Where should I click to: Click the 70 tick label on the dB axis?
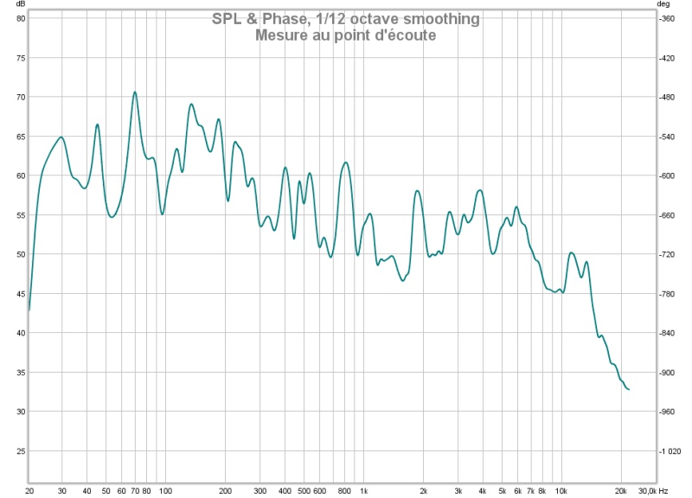[x=21, y=97]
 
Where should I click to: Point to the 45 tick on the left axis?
[x=21, y=294]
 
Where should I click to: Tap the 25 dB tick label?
[x=21, y=451]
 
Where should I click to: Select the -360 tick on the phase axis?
[x=666, y=18]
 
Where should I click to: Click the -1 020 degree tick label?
[x=670, y=451]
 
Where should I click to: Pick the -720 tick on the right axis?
[x=666, y=254]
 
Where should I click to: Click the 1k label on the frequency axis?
[x=363, y=491]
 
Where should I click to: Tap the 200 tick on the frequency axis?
[x=225, y=491]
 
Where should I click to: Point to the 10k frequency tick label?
[x=561, y=491]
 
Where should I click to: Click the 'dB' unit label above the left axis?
[x=21, y=4]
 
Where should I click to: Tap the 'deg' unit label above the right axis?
[x=663, y=4]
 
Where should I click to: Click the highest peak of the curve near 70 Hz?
[x=135, y=93]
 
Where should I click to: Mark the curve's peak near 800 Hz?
[x=345, y=163]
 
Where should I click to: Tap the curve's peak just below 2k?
[x=417, y=190]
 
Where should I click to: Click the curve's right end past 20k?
[x=629, y=389]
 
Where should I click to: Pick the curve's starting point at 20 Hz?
[x=29, y=310]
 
